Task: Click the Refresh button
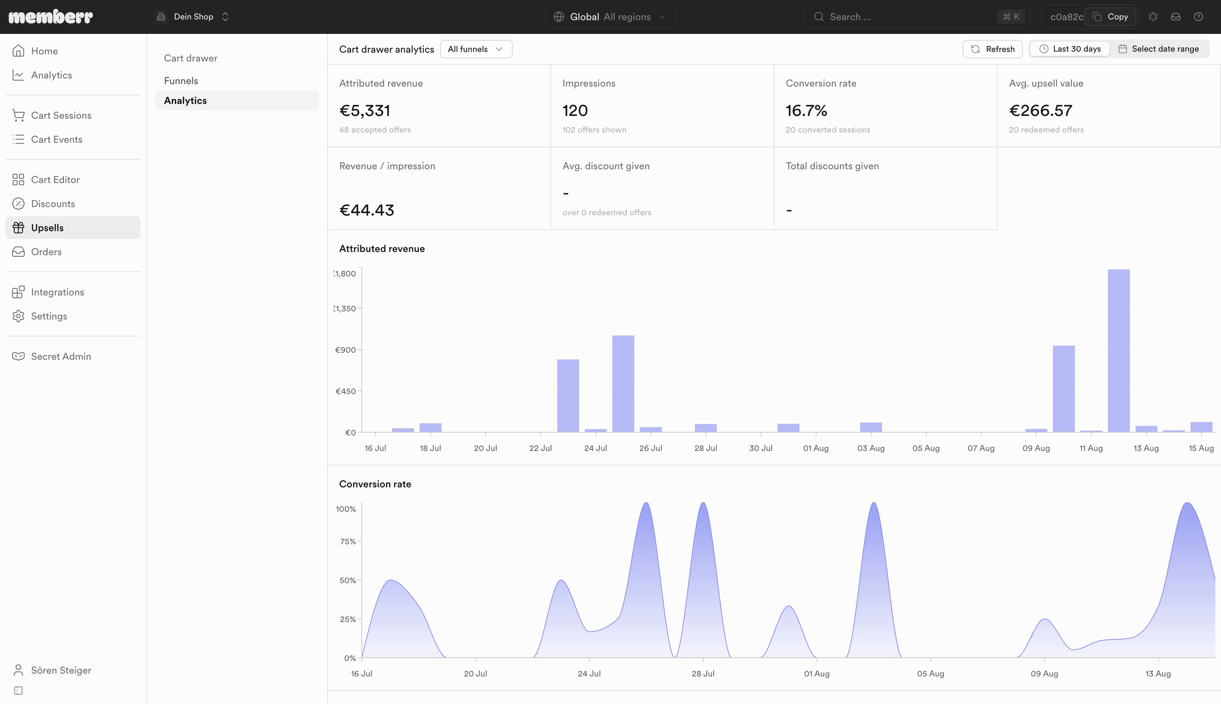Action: pyautogui.click(x=992, y=49)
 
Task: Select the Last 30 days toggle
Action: pyautogui.click(x=1070, y=49)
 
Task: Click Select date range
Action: pyautogui.click(x=1159, y=49)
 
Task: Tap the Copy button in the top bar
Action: pyautogui.click(x=1110, y=17)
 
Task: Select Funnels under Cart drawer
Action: pyautogui.click(x=181, y=81)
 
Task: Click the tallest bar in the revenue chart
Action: pyautogui.click(x=1119, y=351)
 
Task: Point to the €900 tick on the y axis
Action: pyautogui.click(x=346, y=350)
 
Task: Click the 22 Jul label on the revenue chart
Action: pyautogui.click(x=541, y=448)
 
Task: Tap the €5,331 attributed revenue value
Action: pyautogui.click(x=365, y=111)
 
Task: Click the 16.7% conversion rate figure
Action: pyautogui.click(x=806, y=111)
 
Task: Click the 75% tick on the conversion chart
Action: pyautogui.click(x=348, y=541)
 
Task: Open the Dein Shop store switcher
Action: pyautogui.click(x=193, y=17)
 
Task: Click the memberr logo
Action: pyautogui.click(x=51, y=17)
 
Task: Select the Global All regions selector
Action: pyautogui.click(x=610, y=17)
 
